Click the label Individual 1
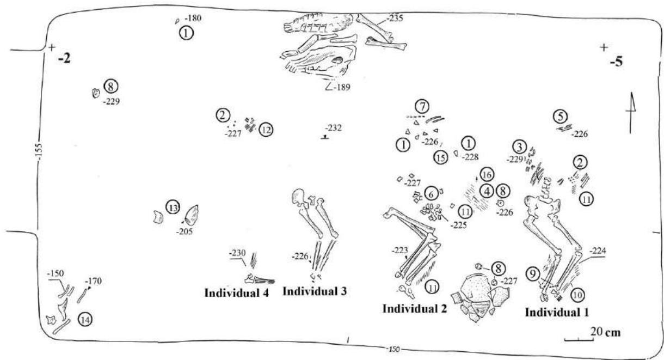[556, 313]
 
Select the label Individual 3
[315, 291]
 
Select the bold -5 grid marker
[616, 62]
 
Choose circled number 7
[422, 105]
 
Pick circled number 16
[485, 175]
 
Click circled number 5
[561, 115]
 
